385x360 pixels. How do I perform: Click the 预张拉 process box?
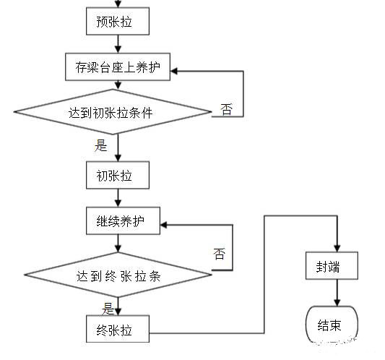click(x=118, y=22)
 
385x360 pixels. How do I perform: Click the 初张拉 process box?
click(x=118, y=175)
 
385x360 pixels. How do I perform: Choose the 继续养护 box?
click(x=118, y=221)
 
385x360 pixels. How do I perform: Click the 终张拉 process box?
click(x=118, y=329)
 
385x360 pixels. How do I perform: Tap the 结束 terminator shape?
click(x=332, y=325)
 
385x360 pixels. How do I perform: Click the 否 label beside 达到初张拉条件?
click(x=226, y=110)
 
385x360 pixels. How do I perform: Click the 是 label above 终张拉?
click(x=108, y=309)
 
